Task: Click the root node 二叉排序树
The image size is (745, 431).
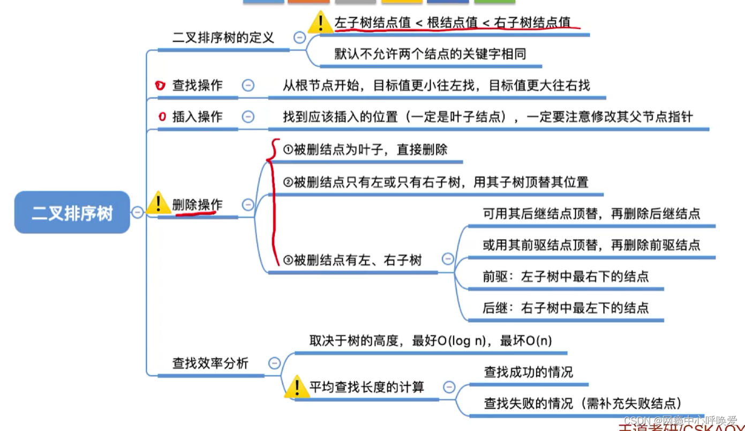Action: (x=72, y=212)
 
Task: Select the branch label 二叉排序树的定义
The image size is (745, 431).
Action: (x=223, y=38)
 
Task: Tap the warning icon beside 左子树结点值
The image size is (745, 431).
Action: (x=320, y=23)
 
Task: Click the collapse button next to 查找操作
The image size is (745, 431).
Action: (x=248, y=85)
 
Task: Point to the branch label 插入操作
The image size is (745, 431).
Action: (x=197, y=117)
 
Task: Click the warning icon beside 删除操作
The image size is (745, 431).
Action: (x=159, y=204)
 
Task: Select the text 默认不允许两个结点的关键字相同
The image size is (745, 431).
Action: (x=430, y=54)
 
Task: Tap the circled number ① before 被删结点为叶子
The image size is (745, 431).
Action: (x=288, y=150)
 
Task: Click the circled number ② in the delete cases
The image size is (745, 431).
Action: (x=288, y=182)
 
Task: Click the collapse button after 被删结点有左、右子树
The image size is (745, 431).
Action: (x=448, y=259)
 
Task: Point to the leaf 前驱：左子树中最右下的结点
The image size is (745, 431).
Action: (x=566, y=277)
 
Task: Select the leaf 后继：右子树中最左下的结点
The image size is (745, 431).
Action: (x=566, y=308)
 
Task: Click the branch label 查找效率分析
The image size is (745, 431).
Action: (x=210, y=363)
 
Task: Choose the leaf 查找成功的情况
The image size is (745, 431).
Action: (x=529, y=372)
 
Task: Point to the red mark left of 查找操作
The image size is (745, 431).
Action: (x=160, y=85)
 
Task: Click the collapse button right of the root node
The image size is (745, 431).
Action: (x=138, y=212)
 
